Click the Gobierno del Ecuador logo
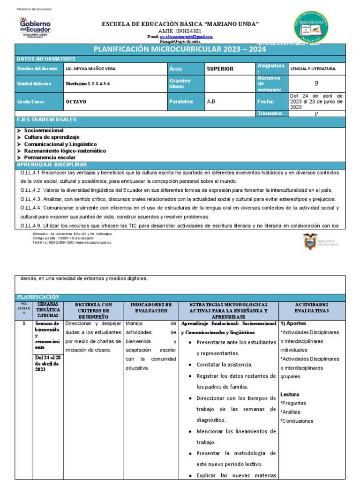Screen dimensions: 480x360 coord(34,26)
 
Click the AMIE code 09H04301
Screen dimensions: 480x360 coord(181,31)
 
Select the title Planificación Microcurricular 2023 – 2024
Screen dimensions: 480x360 coord(180,49)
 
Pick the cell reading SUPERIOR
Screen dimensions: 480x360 coord(220,69)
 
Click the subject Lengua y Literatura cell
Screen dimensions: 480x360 coord(313,69)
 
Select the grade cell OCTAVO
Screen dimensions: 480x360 coord(76,101)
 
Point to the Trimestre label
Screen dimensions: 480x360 coord(270,113)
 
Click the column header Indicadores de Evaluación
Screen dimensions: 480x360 coord(151,307)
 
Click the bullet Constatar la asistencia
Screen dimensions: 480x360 coord(224,364)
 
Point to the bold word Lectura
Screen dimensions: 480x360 coord(290,394)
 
